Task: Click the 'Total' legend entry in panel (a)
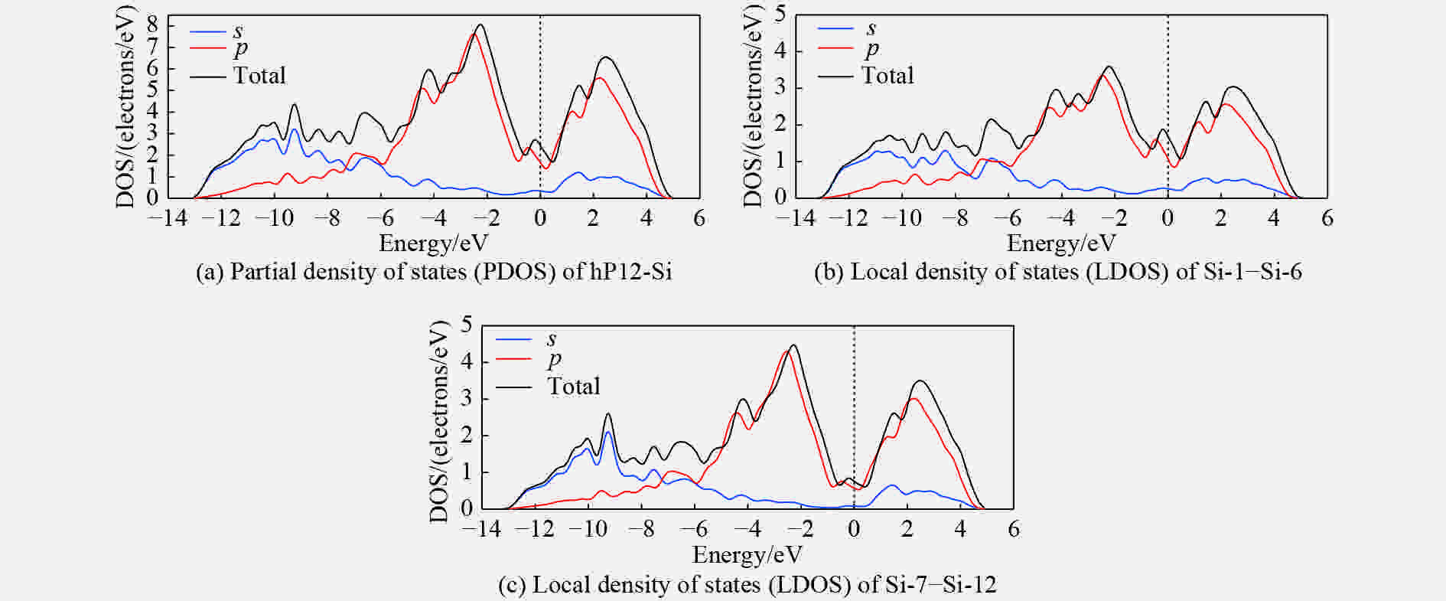pos(259,75)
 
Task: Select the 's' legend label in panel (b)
pos(871,28)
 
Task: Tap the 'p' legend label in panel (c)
pos(554,359)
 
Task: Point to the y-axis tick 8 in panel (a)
pos(152,24)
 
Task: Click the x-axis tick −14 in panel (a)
pos(167,218)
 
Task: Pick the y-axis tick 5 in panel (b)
pos(780,15)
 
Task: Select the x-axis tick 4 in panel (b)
pos(1273,218)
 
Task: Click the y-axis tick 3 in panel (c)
pos(467,399)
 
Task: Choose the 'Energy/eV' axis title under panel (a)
pos(433,243)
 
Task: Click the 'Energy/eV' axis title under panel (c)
pos(747,554)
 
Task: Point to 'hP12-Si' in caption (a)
pos(630,272)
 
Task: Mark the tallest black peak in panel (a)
pos(480,24)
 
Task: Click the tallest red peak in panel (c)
pos(788,351)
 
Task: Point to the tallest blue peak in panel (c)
pos(608,433)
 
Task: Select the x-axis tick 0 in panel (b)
pos(1168,218)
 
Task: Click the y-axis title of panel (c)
pos(438,422)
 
